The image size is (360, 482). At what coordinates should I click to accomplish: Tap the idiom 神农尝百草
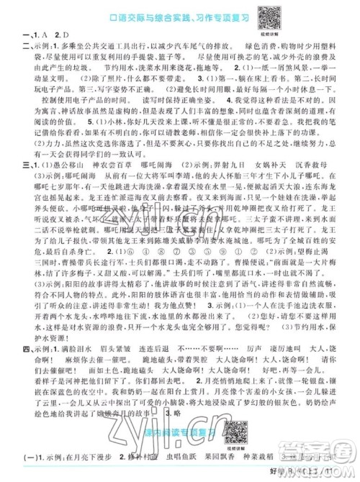tap(94, 165)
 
